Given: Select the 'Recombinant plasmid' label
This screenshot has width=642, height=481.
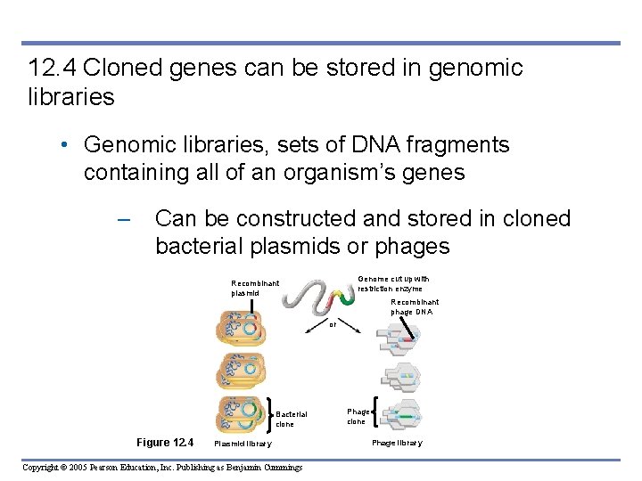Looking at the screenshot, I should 255,288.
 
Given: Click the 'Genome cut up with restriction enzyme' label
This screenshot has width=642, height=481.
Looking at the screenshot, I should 393,283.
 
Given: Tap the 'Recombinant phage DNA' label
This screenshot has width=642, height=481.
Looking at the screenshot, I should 414,306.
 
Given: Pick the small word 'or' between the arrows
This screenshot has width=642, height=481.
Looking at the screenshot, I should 333,324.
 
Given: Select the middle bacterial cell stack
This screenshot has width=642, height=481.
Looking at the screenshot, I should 240,372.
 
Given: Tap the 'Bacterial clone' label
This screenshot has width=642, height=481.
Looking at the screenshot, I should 291,419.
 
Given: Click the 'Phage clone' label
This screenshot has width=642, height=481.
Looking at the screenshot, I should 358,416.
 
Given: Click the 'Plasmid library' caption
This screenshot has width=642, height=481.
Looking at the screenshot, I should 243,444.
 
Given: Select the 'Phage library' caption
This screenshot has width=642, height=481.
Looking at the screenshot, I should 397,443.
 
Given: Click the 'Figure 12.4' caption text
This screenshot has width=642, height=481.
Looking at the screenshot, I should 165,443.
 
